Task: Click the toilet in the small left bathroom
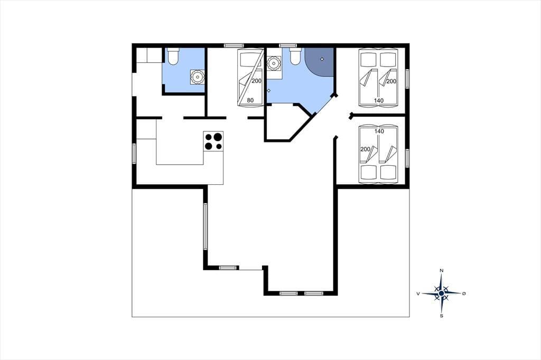173,56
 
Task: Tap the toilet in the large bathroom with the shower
295,56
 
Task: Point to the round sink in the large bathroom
274,63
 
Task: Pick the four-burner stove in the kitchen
213,141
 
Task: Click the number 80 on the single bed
250,100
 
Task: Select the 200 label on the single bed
257,81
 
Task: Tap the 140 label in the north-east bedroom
379,101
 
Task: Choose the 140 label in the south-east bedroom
379,131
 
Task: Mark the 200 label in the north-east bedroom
391,81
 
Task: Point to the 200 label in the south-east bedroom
365,149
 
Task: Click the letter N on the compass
441,271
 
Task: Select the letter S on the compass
441,316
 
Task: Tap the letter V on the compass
418,293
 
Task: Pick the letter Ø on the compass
464,293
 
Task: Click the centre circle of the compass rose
441,293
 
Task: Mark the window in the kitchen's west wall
134,153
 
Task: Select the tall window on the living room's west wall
206,226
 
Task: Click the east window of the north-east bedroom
407,79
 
